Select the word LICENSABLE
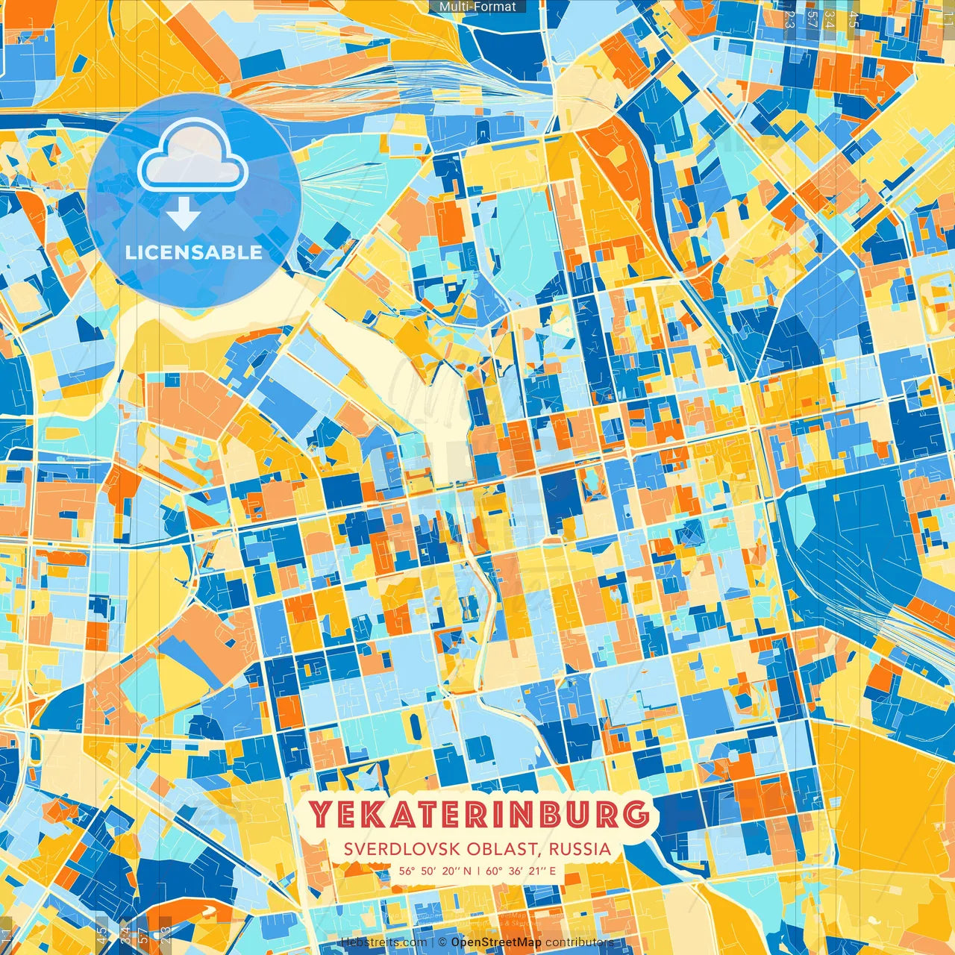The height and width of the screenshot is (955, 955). coord(193,252)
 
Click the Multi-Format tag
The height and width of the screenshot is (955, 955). coord(477,7)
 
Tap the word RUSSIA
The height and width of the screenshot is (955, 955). coord(580,849)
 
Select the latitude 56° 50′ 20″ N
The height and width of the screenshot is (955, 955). coord(434,870)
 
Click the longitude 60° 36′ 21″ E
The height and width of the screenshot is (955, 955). coord(521,870)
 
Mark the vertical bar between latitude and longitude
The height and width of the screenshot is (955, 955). coord(478,870)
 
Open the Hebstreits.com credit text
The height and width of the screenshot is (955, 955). coord(383,942)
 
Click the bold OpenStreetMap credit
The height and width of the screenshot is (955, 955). coord(496,942)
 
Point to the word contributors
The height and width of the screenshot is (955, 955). coord(579,942)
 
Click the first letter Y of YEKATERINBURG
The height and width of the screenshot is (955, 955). coord(322,815)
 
